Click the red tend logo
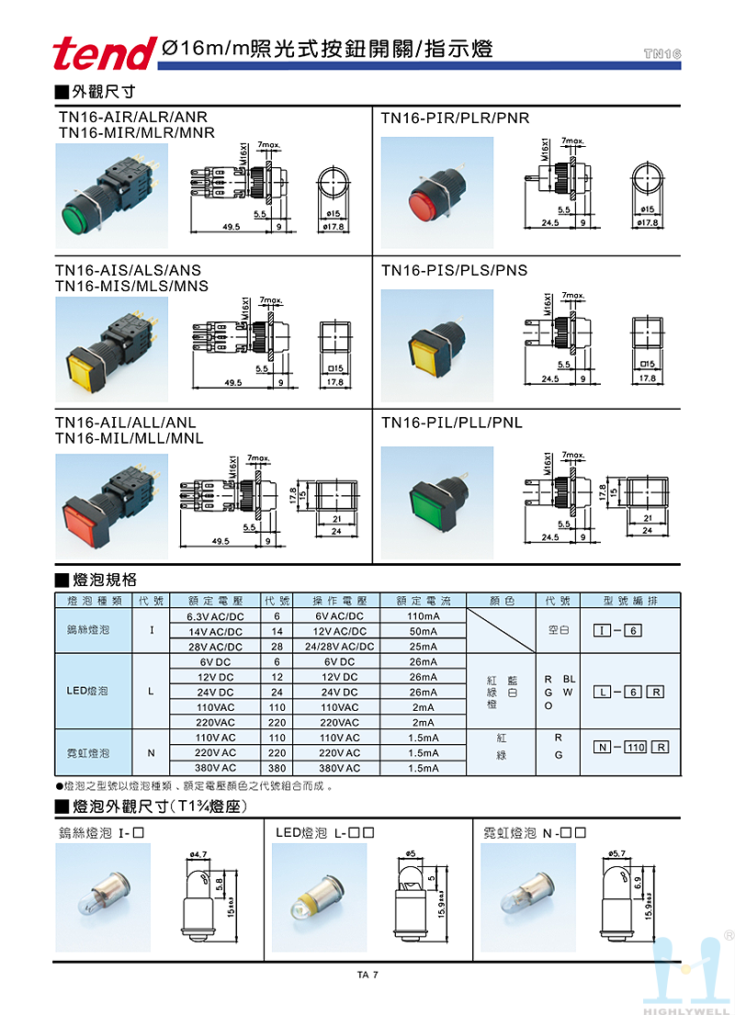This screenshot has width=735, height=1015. tap(103, 52)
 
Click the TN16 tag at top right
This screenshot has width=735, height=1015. tap(662, 54)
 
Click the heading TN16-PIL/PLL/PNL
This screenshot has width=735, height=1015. tap(451, 423)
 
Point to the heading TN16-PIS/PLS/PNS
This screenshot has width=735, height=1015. tap(454, 270)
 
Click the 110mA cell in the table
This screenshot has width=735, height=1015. tap(423, 616)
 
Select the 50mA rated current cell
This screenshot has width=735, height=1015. tap(423, 631)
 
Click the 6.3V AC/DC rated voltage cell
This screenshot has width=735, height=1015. tap(215, 616)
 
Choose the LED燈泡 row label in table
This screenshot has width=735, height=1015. tap(88, 692)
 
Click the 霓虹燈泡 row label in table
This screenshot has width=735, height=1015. tap(88, 752)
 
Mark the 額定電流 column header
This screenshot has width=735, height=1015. tap(423, 601)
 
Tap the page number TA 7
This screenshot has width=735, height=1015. tap(367, 975)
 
